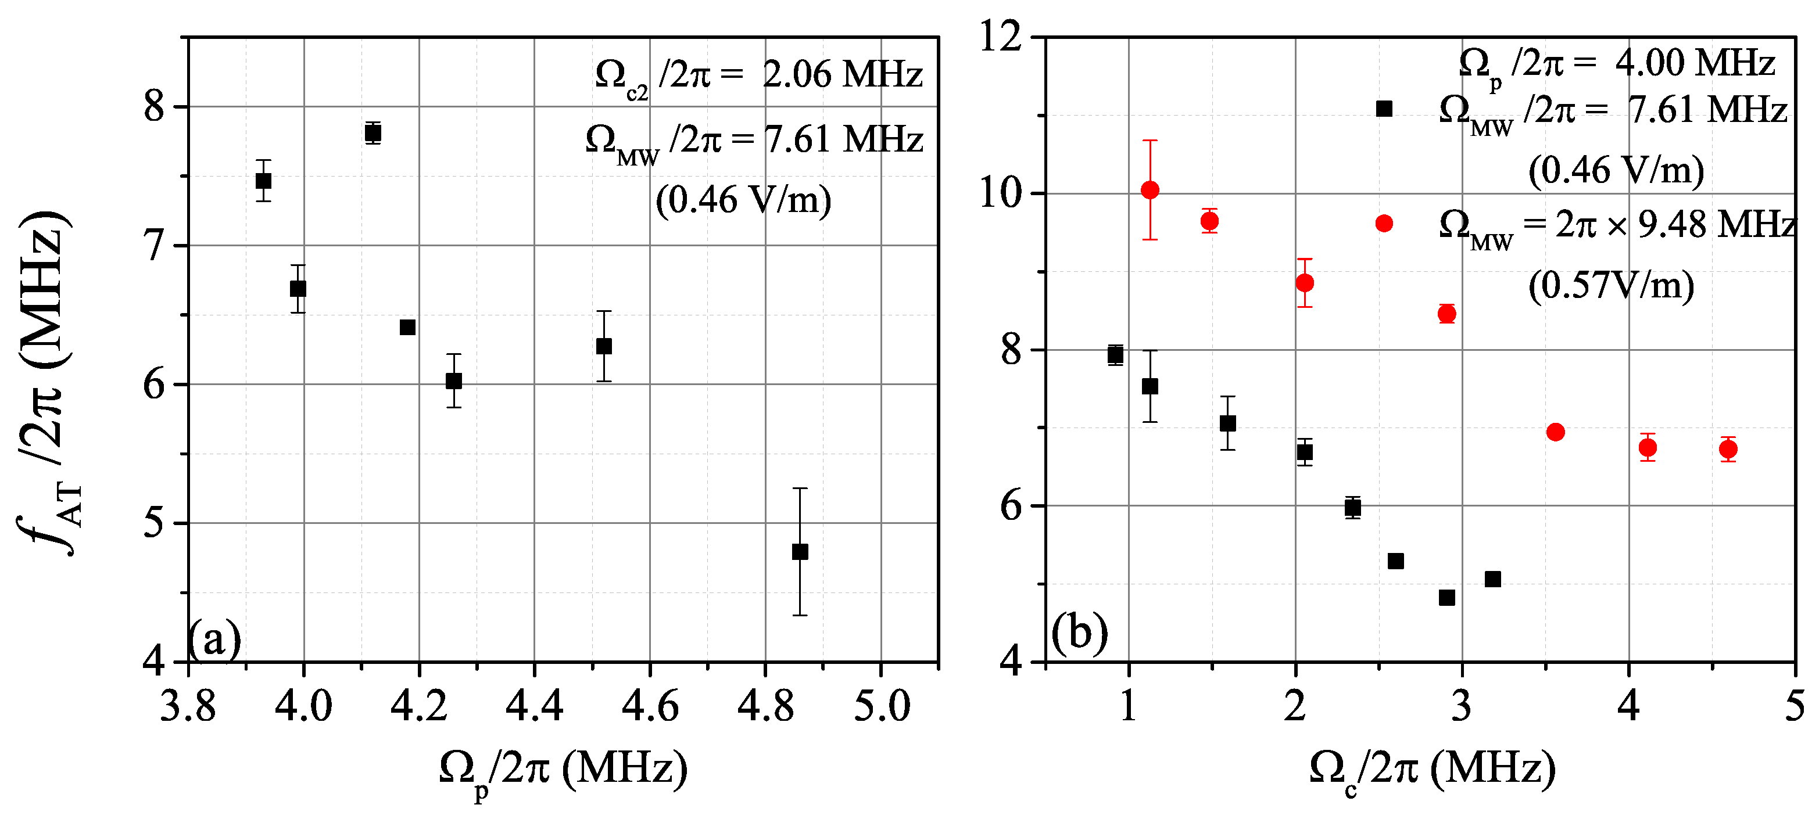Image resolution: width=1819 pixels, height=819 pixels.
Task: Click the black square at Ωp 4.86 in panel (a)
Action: click(799, 551)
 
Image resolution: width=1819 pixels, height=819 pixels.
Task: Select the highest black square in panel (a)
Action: click(373, 133)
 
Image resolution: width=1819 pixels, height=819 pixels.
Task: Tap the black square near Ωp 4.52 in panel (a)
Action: click(603, 346)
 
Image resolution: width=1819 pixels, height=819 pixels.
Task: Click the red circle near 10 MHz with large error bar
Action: click(1150, 189)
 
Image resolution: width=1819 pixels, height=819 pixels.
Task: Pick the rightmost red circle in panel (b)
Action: click(1728, 449)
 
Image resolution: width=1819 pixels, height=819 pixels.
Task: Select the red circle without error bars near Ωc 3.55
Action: click(1555, 432)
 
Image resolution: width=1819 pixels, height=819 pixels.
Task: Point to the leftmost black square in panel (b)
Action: click(1115, 354)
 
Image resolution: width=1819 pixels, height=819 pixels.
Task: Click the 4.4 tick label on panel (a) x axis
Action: click(534, 706)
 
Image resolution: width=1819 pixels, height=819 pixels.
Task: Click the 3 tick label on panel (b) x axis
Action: click(1461, 706)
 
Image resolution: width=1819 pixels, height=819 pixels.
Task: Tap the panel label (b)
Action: click(1079, 633)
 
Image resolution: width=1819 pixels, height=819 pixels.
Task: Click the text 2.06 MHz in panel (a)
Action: click(842, 75)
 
